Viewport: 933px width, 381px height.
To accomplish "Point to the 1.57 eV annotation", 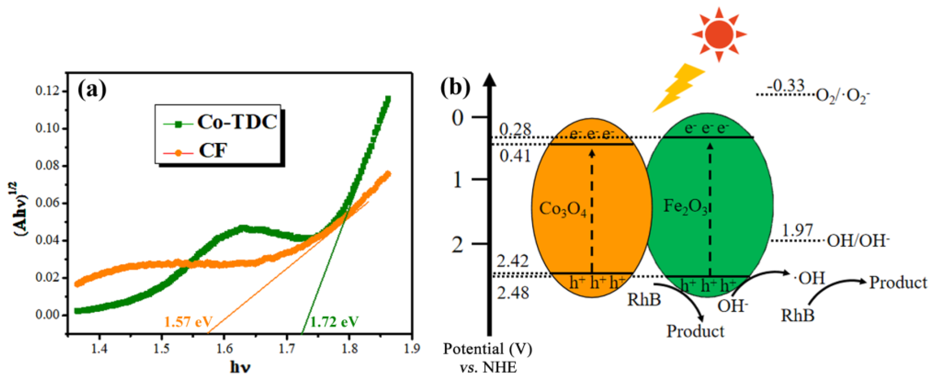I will [188, 322].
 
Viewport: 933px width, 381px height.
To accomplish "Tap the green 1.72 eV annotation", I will [334, 322].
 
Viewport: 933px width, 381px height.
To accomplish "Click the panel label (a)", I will [92, 90].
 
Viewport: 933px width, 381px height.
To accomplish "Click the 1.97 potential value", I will [797, 230].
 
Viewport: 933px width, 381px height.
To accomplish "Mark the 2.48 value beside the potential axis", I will [512, 293].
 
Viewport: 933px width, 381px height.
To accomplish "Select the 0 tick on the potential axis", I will [458, 117].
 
